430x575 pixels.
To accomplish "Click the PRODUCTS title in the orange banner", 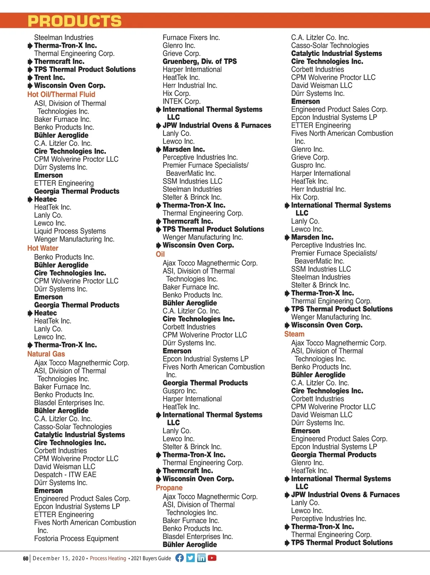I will [x=75, y=21].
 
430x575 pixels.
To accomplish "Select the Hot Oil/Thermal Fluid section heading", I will [x=61, y=94].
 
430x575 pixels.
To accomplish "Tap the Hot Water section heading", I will [x=43, y=248].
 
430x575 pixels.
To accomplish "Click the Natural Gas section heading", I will [x=46, y=354].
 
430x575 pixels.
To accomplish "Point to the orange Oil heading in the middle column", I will [x=160, y=254].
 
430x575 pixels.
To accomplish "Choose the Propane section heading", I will [x=169, y=488].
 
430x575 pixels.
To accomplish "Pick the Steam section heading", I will [x=294, y=334].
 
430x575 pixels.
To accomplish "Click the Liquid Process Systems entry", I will [x=70, y=231].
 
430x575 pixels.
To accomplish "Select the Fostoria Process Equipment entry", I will [x=76, y=538].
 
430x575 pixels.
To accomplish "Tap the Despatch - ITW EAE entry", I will [x=65, y=475].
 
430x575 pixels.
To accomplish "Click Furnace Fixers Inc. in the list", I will [x=191, y=37].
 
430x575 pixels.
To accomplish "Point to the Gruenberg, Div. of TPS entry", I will [x=200, y=61].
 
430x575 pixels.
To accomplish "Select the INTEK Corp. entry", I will [x=182, y=101].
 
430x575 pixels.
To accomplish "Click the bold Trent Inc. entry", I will [x=49, y=77].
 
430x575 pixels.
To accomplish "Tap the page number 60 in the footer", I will [x=25, y=558].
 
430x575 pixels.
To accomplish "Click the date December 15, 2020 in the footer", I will [x=59, y=558].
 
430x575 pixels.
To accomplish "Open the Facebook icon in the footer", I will [x=180, y=558].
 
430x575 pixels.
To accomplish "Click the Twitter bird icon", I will [x=191, y=558].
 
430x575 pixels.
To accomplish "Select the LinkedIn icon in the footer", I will [x=201, y=558].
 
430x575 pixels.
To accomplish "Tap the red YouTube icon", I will [x=212, y=558].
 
